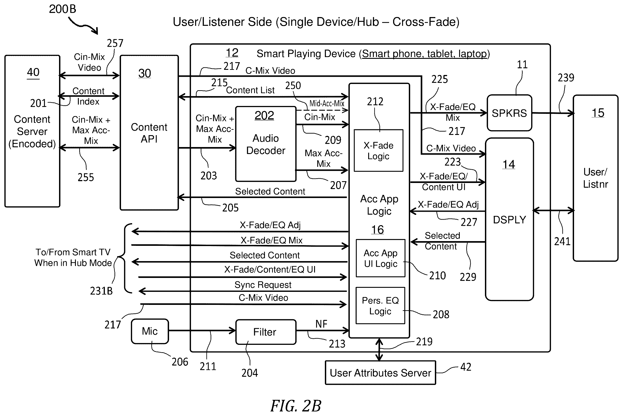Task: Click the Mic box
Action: [x=150, y=331]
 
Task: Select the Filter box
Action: [x=266, y=332]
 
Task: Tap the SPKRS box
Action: [x=509, y=113]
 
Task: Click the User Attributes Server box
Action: [x=380, y=372]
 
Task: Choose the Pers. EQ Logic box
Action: [x=380, y=306]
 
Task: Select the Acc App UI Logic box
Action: [x=381, y=258]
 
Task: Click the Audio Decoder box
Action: [x=266, y=144]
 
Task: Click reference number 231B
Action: [x=101, y=291]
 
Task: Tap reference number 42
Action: [x=466, y=367]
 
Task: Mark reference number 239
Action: [x=566, y=78]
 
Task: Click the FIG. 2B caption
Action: [x=296, y=406]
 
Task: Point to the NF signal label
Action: [x=321, y=324]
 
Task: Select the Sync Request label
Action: [x=263, y=285]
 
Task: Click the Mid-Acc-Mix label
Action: [x=327, y=103]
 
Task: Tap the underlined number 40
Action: [x=33, y=72]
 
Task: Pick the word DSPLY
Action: [x=509, y=220]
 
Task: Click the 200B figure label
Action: [x=63, y=9]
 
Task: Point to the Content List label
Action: [x=250, y=90]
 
